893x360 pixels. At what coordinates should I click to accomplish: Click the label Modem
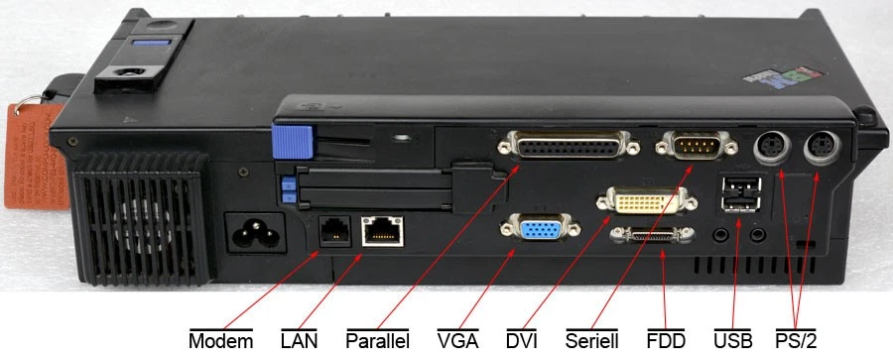pos(220,340)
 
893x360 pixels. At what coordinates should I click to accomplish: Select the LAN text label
pos(299,340)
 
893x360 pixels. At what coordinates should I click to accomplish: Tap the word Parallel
pos(378,340)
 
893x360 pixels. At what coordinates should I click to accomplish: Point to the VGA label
pos(457,340)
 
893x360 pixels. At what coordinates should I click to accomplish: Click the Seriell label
pos(593,340)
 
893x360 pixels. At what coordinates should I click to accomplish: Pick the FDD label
pos(666,340)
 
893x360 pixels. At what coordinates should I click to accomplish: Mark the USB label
pos(733,340)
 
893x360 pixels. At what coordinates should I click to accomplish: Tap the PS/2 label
pos(796,340)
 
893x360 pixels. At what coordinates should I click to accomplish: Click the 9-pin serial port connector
pos(692,148)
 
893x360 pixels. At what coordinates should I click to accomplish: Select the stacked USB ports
pos(742,193)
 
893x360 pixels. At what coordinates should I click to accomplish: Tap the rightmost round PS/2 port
pos(823,149)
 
